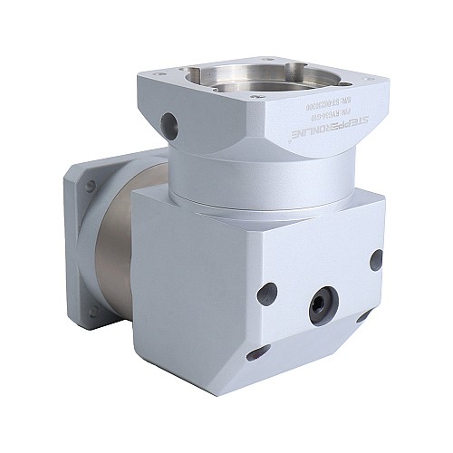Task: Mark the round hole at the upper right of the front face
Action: [x=374, y=259]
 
